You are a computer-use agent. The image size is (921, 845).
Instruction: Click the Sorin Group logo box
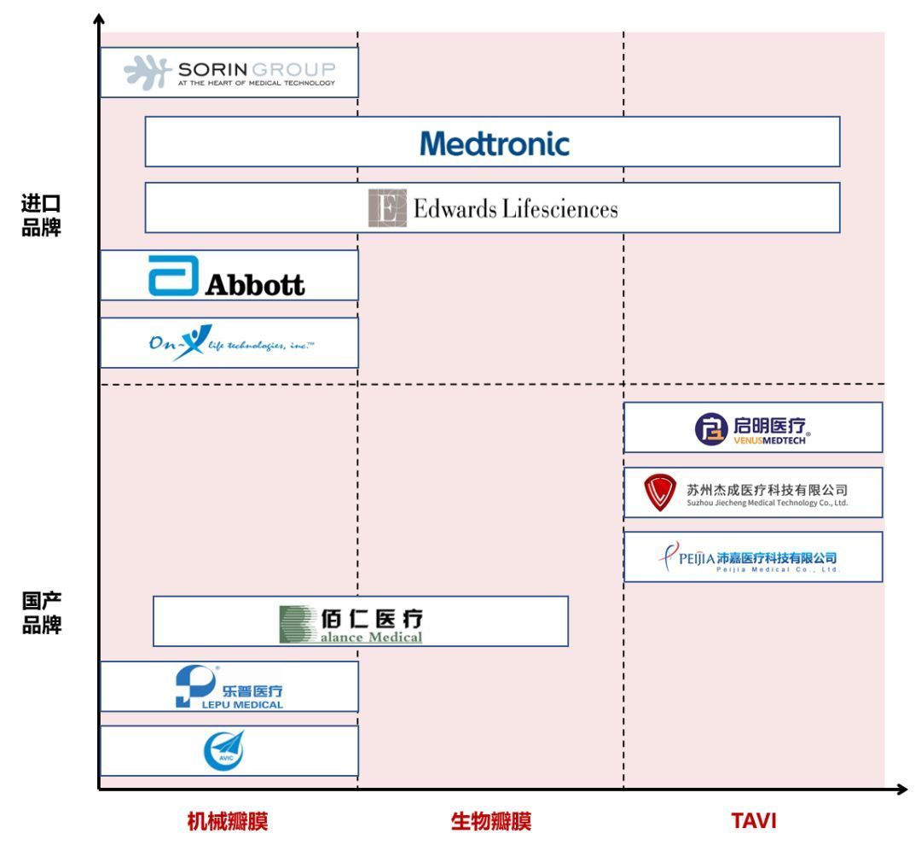coord(229,73)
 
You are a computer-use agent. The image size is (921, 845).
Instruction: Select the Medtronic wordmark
coord(494,143)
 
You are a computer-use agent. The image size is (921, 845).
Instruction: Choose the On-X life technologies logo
coord(229,343)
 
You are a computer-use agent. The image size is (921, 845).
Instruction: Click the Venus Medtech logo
coord(754,428)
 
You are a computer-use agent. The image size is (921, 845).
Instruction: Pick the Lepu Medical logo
coord(229,687)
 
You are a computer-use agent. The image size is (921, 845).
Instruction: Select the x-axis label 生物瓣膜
coord(491,822)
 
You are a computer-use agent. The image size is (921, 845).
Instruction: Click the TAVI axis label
coord(755,822)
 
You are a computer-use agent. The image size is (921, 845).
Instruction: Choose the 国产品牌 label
coord(41,613)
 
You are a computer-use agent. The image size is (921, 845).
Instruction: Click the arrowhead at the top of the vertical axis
coord(100,18)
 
